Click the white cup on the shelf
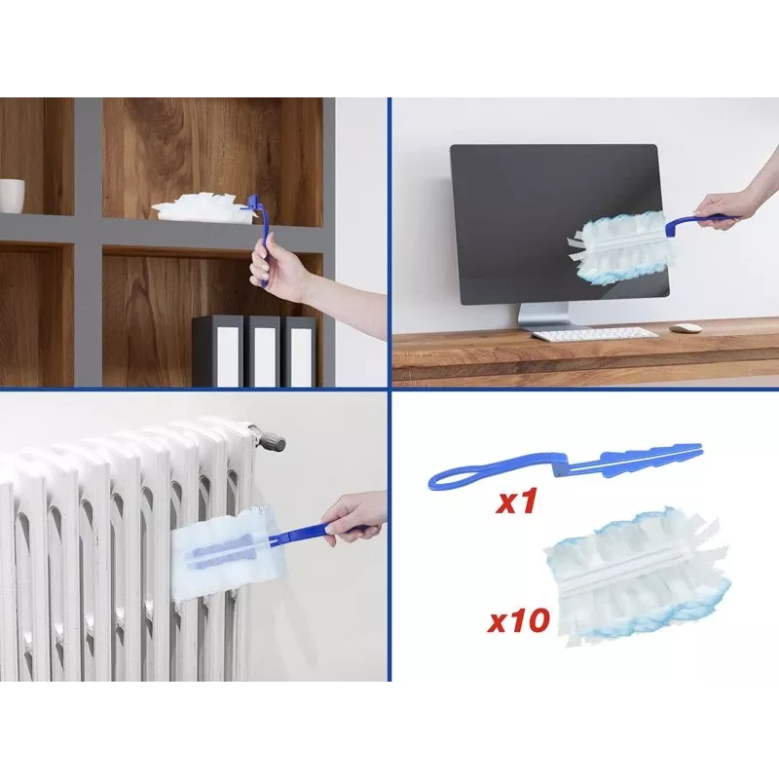[x=12, y=196]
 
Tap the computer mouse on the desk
[x=686, y=328]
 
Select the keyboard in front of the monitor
[x=594, y=334]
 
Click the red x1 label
[x=517, y=501]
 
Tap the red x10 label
[x=519, y=620]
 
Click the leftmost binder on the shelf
[x=217, y=351]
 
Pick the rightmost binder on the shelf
[x=300, y=351]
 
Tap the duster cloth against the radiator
[x=223, y=552]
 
